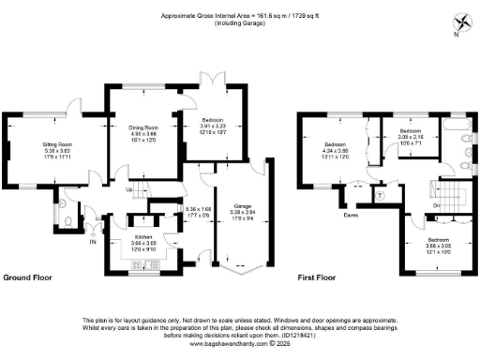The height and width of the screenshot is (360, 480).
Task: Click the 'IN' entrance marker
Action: click(x=92, y=243)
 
